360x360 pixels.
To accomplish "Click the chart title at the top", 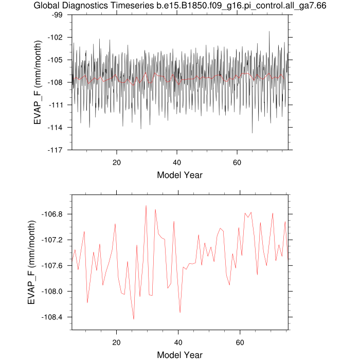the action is coord(180,5).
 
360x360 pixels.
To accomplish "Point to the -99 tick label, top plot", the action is coord(57,15).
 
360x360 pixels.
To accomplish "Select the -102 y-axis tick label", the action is coord(55,38).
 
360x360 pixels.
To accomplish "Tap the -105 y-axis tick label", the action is coord(55,60).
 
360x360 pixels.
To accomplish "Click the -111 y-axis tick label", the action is coord(56,105).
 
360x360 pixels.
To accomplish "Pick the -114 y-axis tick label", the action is coord(55,128).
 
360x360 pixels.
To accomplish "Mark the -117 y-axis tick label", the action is coord(55,150).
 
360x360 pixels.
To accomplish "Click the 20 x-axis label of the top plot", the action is coord(117,163).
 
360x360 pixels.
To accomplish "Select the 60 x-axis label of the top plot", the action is coord(237,163).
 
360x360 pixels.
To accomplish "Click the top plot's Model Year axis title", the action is coord(180,175).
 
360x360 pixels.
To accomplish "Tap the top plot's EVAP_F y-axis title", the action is coord(38,83).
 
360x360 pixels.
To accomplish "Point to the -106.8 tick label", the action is coord(51,214).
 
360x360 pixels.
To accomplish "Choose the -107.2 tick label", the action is coord(51,240).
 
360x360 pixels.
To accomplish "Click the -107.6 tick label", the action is coord(51,266).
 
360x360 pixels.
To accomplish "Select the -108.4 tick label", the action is coord(51,317).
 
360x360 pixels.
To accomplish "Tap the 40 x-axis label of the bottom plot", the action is coord(178,343).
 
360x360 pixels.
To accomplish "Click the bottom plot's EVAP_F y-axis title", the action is coord(31,262).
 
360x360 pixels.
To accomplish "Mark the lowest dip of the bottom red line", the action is coord(134,319).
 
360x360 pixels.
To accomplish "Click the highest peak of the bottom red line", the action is coord(146,206).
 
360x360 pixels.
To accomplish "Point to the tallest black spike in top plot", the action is coord(269,31).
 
